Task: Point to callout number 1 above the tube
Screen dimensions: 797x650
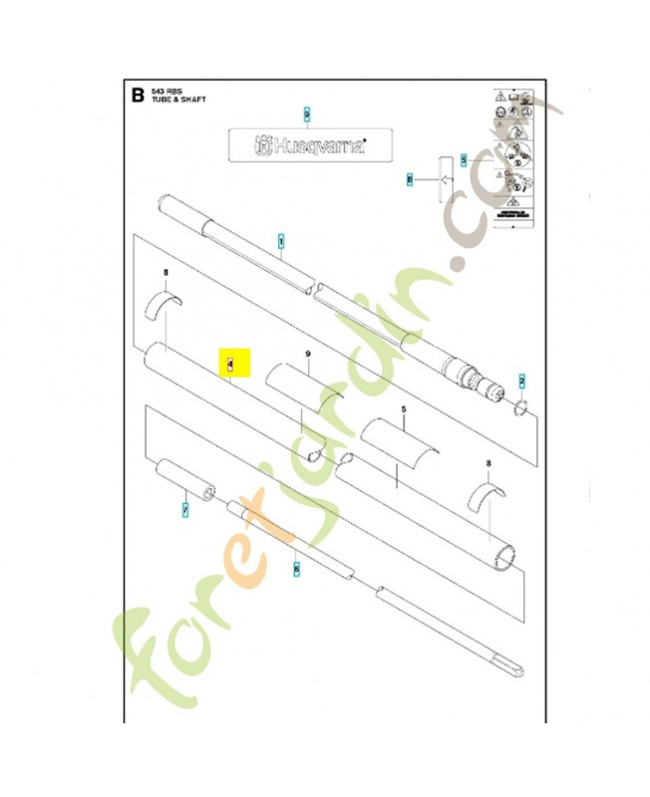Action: click(281, 241)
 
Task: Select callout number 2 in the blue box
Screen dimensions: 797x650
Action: click(521, 382)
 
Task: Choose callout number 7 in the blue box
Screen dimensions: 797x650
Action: click(184, 509)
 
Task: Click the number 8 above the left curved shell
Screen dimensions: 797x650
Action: click(165, 273)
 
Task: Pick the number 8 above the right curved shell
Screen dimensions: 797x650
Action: click(487, 463)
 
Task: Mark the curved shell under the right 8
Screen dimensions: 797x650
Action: click(487, 496)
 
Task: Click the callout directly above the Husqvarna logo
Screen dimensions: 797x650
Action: click(307, 116)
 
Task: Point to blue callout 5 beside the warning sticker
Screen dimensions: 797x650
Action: click(464, 158)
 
